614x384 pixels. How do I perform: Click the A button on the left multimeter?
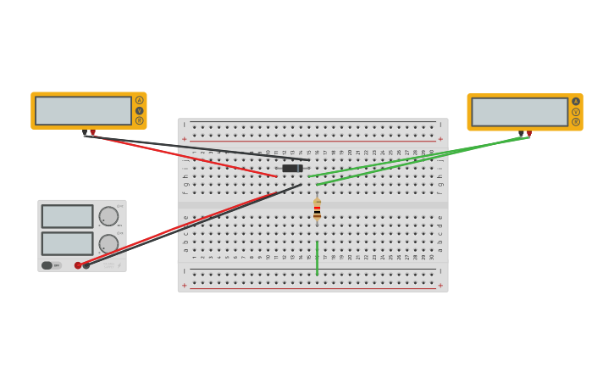tap(140, 100)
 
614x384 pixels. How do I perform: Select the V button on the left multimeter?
tap(140, 110)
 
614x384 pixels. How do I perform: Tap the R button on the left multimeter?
tap(140, 120)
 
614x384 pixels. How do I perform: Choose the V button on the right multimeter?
tap(576, 112)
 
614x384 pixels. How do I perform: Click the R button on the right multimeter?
tap(576, 122)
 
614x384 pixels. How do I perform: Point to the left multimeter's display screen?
tap(83, 110)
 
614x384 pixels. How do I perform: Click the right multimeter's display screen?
tap(519, 112)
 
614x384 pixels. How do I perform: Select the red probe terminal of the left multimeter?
tap(93, 132)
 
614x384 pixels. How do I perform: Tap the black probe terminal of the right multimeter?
tap(521, 134)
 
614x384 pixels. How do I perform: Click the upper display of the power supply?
tap(68, 216)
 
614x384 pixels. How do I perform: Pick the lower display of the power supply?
tap(68, 243)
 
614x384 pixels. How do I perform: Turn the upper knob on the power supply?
tap(108, 216)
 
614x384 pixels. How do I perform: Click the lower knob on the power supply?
tap(108, 243)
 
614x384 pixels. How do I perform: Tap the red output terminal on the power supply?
tap(78, 265)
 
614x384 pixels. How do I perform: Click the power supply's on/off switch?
tap(47, 265)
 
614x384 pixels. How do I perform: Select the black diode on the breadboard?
tap(292, 168)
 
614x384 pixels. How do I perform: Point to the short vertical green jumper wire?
tap(317, 258)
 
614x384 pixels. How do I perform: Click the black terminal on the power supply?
tap(86, 265)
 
